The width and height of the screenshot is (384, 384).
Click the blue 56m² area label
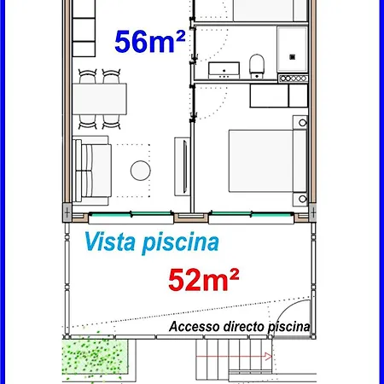click(150, 42)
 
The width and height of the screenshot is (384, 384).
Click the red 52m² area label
click(204, 280)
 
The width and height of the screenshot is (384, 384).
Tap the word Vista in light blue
click(109, 241)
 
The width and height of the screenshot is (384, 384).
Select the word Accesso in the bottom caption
click(195, 326)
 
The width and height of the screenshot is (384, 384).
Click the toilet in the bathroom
click(257, 66)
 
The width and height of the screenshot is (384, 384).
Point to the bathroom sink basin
click(224, 70)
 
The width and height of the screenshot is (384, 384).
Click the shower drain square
click(292, 57)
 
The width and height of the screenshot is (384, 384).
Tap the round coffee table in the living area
click(141, 171)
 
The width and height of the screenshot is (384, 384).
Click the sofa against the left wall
click(92, 171)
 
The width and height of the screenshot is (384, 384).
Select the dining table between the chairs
click(100, 99)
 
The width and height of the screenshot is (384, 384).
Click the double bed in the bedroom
click(268, 161)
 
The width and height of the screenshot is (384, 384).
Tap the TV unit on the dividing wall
click(182, 166)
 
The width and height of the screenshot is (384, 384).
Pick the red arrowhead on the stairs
click(268, 357)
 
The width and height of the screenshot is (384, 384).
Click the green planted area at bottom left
click(95, 356)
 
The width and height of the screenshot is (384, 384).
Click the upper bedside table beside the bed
click(300, 123)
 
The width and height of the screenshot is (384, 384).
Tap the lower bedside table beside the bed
click(300, 199)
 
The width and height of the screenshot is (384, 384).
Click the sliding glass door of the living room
click(131, 214)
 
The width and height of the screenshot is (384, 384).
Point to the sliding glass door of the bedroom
click(252, 214)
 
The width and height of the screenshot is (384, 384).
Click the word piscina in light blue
click(180, 243)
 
